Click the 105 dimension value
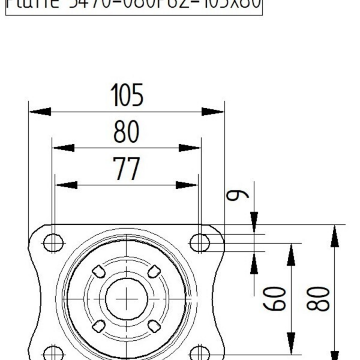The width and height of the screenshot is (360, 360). click(127, 96)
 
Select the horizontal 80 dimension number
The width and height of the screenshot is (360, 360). click(127, 133)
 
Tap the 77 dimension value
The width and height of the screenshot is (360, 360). click(127, 170)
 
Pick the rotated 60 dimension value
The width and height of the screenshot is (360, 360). click(277, 298)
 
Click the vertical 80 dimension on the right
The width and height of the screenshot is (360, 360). click(319, 298)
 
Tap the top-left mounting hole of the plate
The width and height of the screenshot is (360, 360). click(53, 243)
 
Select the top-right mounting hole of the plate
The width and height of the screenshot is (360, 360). click(200, 243)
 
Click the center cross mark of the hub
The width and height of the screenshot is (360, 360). click(126, 298)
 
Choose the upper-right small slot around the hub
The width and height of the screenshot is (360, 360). click(154, 271)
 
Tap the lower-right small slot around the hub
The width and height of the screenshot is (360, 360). click(154, 326)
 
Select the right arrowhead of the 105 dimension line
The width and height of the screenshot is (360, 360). click(213, 112)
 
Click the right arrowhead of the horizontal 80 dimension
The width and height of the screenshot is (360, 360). click(190, 148)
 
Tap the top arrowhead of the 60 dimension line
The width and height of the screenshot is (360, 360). click(291, 254)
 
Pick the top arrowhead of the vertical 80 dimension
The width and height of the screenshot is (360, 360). click(335, 236)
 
